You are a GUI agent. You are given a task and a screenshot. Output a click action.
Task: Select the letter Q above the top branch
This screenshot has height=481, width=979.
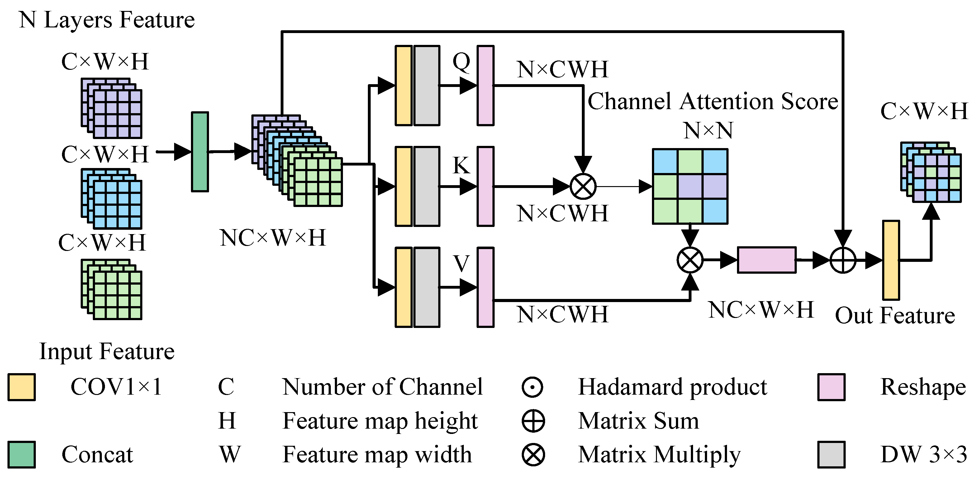coord(461,62)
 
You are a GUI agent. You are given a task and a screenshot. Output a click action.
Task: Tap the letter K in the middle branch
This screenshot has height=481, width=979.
coord(461,166)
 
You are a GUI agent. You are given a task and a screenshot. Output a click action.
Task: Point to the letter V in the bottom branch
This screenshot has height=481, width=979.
coord(461,263)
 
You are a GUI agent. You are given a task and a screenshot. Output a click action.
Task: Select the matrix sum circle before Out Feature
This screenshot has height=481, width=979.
coord(843,261)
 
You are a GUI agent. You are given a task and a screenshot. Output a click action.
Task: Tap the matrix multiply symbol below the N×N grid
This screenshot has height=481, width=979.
coord(690,261)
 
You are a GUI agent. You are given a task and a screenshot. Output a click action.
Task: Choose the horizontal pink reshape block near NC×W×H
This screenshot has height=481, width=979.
coord(767,260)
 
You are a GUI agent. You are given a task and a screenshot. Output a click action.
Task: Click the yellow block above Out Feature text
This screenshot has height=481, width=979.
coord(891,260)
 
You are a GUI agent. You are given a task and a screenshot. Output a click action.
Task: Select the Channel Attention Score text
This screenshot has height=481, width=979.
coord(713,102)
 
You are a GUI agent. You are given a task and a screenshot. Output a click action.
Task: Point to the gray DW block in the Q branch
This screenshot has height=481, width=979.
coord(427,85)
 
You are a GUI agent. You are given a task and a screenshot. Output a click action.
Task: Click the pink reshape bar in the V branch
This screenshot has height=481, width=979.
coord(485,287)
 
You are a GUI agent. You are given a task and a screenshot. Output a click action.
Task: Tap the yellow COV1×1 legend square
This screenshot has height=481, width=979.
coord(22,387)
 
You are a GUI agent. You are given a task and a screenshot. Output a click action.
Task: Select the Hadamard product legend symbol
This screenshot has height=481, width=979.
coord(532,387)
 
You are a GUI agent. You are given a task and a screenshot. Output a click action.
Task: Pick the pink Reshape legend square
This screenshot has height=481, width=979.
coord(831,387)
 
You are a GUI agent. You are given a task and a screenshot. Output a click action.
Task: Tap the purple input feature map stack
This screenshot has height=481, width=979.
coord(111,108)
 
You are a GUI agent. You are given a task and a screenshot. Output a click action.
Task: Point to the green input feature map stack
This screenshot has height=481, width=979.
coord(111,289)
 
